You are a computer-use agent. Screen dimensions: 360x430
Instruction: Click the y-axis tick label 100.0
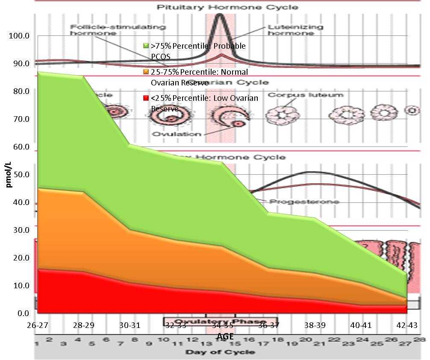coord(18,36)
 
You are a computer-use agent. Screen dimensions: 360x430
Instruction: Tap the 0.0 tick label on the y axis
coord(22,313)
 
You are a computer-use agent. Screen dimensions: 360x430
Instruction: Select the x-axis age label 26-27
coord(37,325)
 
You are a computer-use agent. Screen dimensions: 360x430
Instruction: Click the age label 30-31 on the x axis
coord(130,325)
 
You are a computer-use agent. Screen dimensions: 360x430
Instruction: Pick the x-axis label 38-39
coord(315,325)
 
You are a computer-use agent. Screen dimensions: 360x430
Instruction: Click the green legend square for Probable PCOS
coord(146,46)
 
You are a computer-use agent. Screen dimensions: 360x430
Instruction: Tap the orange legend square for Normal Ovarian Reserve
coord(146,72)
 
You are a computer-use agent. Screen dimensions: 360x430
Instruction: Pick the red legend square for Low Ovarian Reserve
coord(146,98)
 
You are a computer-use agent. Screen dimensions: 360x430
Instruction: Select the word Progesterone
coord(303,201)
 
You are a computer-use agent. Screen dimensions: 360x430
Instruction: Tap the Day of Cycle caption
coord(220,352)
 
